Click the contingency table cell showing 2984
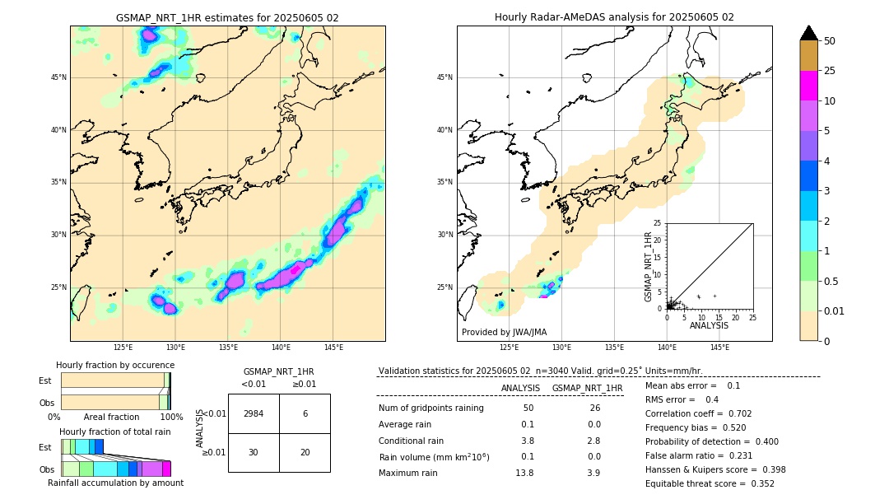click(254, 413)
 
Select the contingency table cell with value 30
click(254, 452)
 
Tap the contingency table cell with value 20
click(305, 452)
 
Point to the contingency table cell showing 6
click(305, 413)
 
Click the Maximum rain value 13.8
click(524, 473)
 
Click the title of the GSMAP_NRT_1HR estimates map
click(227, 17)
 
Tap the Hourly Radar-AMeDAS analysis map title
click(614, 17)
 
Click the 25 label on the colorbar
click(830, 71)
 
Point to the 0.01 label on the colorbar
click(834, 310)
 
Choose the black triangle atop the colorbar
click(809, 33)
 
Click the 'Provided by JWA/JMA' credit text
click(504, 332)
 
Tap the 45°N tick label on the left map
click(58, 77)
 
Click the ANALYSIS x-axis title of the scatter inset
click(709, 325)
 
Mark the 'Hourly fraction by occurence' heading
click(115, 365)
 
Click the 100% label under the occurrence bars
click(171, 417)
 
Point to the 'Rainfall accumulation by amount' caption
click(115, 483)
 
